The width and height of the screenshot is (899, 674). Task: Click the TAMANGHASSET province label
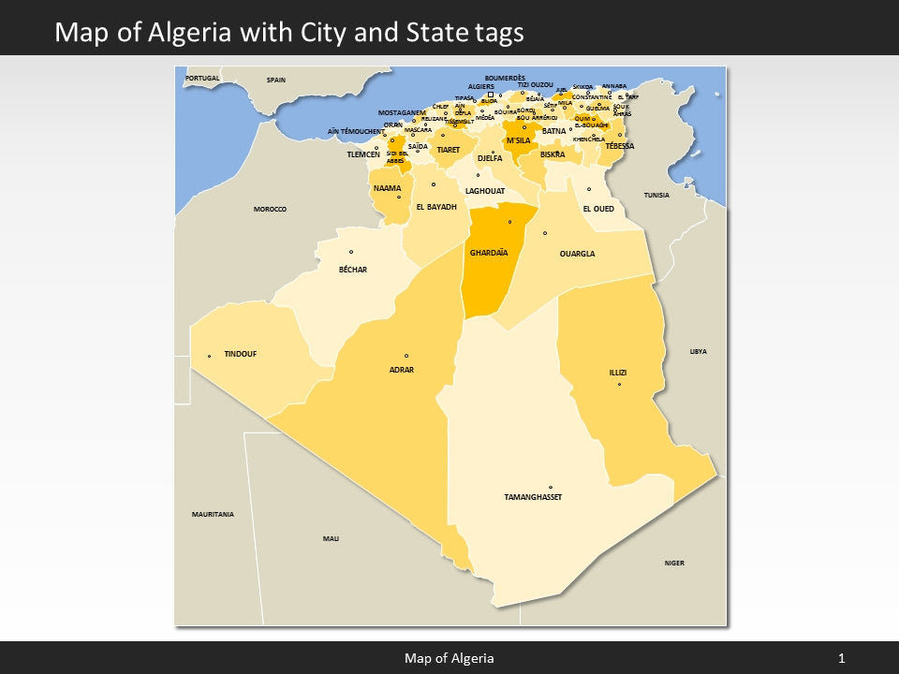(533, 497)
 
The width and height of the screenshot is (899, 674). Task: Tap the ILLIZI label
(618, 373)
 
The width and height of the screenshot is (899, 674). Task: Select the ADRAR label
(401, 370)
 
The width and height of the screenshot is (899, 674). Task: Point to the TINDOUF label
(240, 354)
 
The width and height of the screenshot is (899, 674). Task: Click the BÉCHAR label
(352, 270)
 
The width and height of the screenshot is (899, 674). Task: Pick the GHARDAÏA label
(489, 253)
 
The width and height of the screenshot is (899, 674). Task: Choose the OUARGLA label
(577, 254)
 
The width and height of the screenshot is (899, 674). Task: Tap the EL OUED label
(598, 209)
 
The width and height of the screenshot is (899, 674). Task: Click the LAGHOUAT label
(485, 191)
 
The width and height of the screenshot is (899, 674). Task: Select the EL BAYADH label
(435, 207)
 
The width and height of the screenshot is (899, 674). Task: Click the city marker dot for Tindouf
(209, 356)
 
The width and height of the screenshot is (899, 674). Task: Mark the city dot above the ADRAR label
(406, 356)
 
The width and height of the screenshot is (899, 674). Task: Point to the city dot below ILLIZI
(619, 384)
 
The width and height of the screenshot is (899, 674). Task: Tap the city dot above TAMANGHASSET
(551, 487)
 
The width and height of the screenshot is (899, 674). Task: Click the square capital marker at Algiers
(491, 95)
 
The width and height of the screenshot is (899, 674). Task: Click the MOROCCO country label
(270, 209)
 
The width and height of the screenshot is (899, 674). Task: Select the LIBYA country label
(699, 351)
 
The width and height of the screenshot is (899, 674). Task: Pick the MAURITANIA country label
(213, 514)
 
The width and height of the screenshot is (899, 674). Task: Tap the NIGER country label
(674, 563)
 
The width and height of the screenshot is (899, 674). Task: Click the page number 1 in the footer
(842, 658)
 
